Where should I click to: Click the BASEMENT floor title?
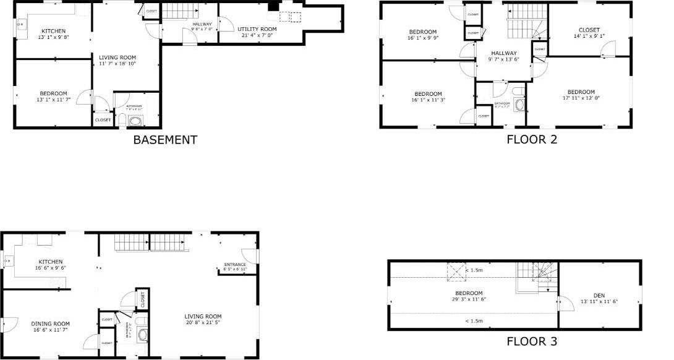coord(165,140)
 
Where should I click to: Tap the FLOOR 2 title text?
coord(532,139)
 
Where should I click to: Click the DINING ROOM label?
coord(51,324)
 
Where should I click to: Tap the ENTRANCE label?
coord(235,265)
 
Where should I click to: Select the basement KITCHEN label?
coord(54,31)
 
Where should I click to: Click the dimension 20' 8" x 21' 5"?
coord(203,322)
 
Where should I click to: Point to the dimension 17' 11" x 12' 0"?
coord(581,98)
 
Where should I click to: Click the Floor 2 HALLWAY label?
coord(504,53)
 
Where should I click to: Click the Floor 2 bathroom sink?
coord(519,103)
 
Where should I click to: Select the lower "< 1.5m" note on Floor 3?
coord(474,320)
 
